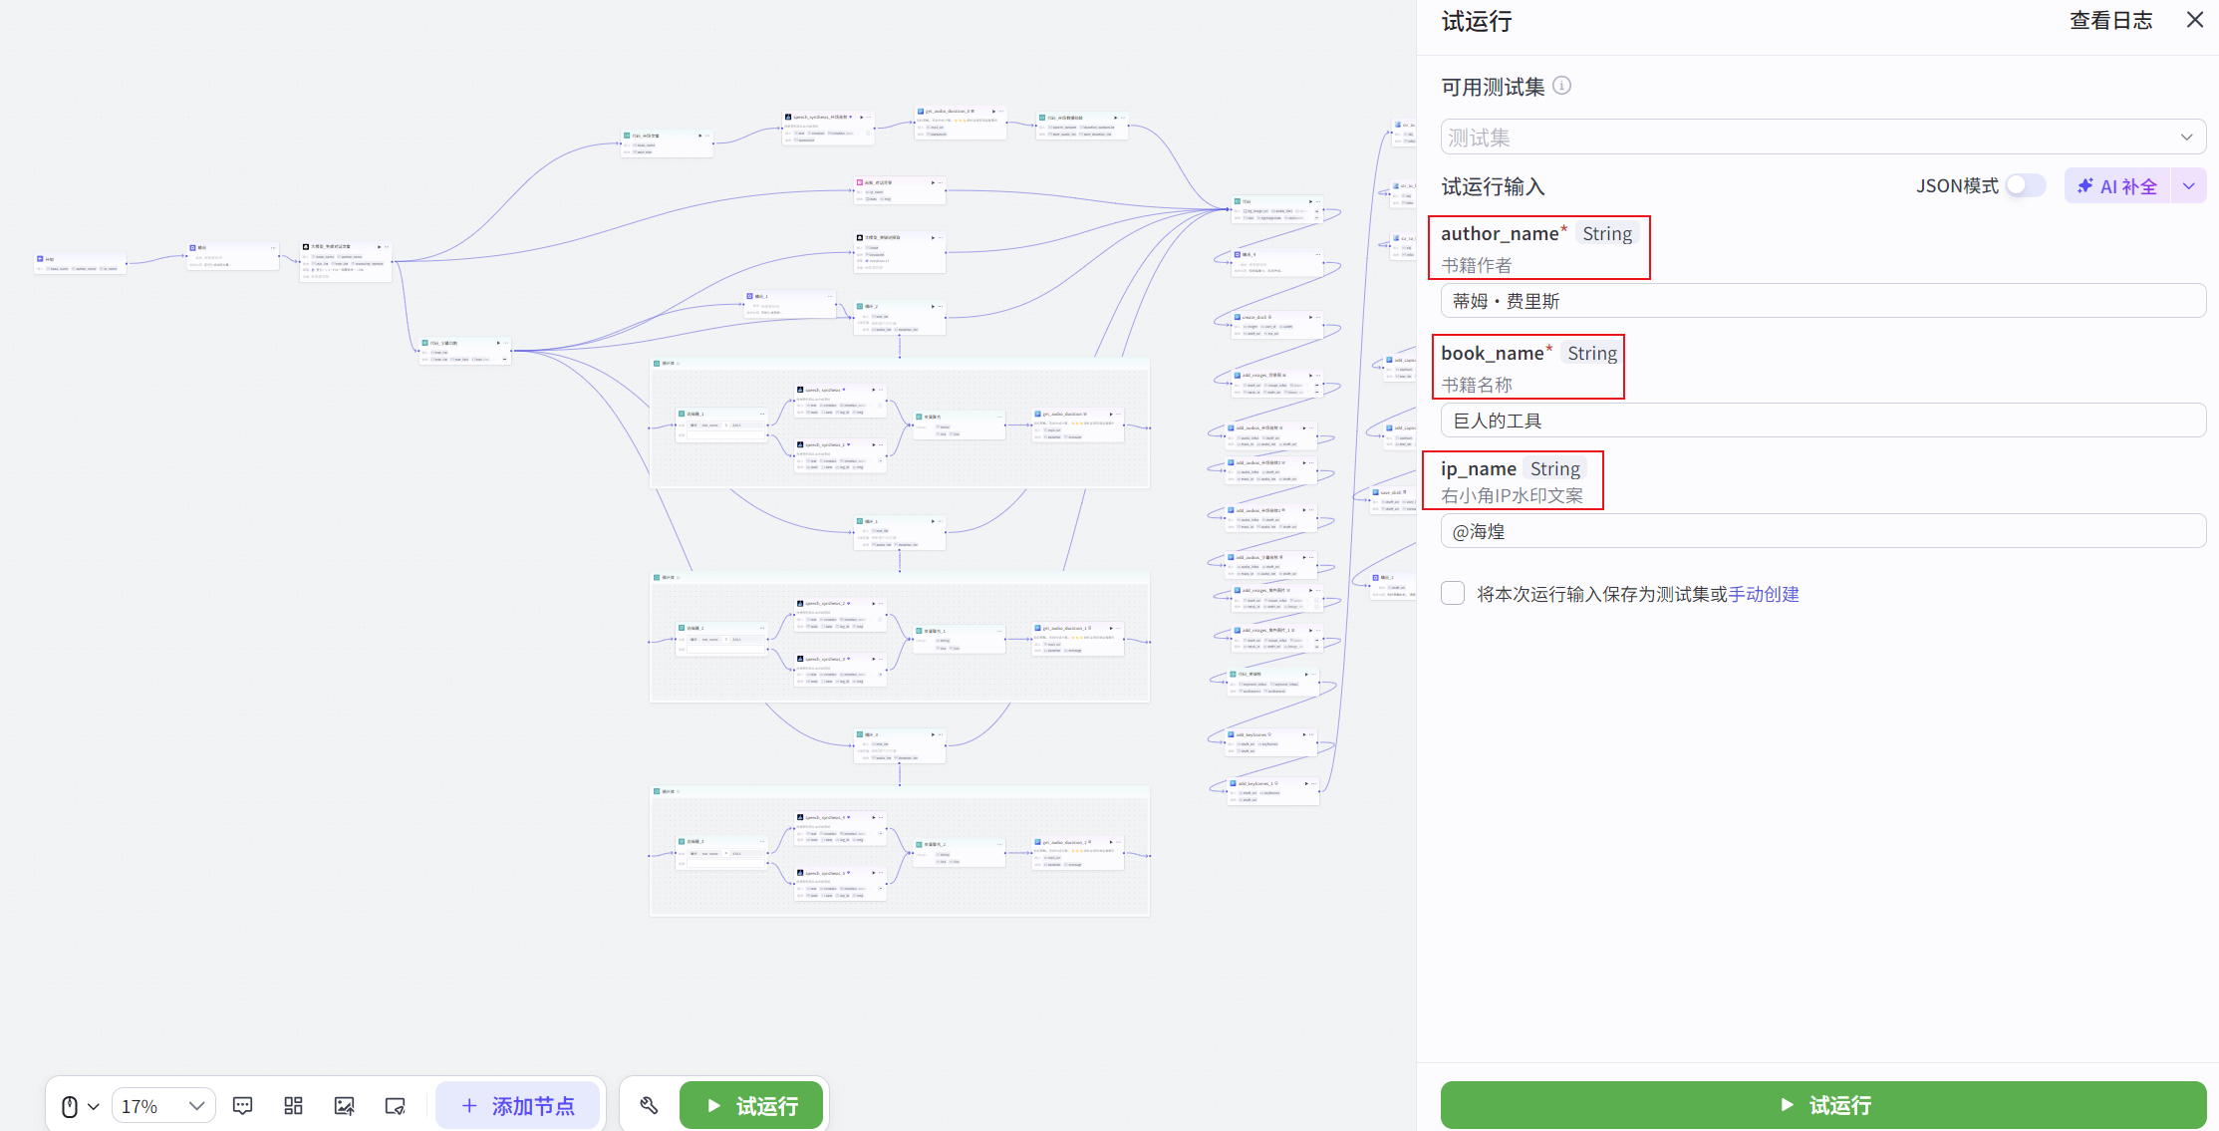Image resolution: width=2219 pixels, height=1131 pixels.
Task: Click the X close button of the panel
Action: click(x=2194, y=20)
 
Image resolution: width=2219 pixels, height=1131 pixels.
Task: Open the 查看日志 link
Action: click(x=2110, y=21)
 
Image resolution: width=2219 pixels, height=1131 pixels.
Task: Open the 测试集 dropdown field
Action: click(x=1822, y=138)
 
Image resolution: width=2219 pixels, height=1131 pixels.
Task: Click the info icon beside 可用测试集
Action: click(x=1562, y=86)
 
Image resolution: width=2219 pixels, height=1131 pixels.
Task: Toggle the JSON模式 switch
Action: click(x=2025, y=186)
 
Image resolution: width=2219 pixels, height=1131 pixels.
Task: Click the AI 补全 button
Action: click(x=2117, y=186)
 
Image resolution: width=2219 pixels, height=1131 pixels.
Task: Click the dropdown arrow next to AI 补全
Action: click(x=2188, y=186)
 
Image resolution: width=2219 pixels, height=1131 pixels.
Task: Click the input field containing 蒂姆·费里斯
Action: click(x=1822, y=301)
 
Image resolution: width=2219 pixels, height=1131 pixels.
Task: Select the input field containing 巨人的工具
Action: click(x=1822, y=421)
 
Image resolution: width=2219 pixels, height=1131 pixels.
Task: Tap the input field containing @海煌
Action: click(x=1822, y=531)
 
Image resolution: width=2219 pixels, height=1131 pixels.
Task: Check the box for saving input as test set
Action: click(x=1453, y=594)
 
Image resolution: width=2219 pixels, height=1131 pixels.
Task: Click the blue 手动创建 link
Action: click(x=1764, y=595)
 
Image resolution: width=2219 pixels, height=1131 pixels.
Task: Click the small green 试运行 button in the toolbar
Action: click(x=751, y=1105)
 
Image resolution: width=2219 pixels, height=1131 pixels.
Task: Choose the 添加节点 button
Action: click(x=518, y=1105)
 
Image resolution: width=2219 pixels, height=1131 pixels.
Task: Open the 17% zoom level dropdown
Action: click(x=163, y=1105)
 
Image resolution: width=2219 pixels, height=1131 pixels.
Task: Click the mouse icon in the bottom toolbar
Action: click(x=71, y=1106)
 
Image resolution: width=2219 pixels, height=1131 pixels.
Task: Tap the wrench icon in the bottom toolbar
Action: click(x=649, y=1105)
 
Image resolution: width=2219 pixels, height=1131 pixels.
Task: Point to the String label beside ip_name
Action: click(x=1554, y=469)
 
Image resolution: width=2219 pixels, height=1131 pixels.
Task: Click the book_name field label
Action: click(x=1492, y=354)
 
